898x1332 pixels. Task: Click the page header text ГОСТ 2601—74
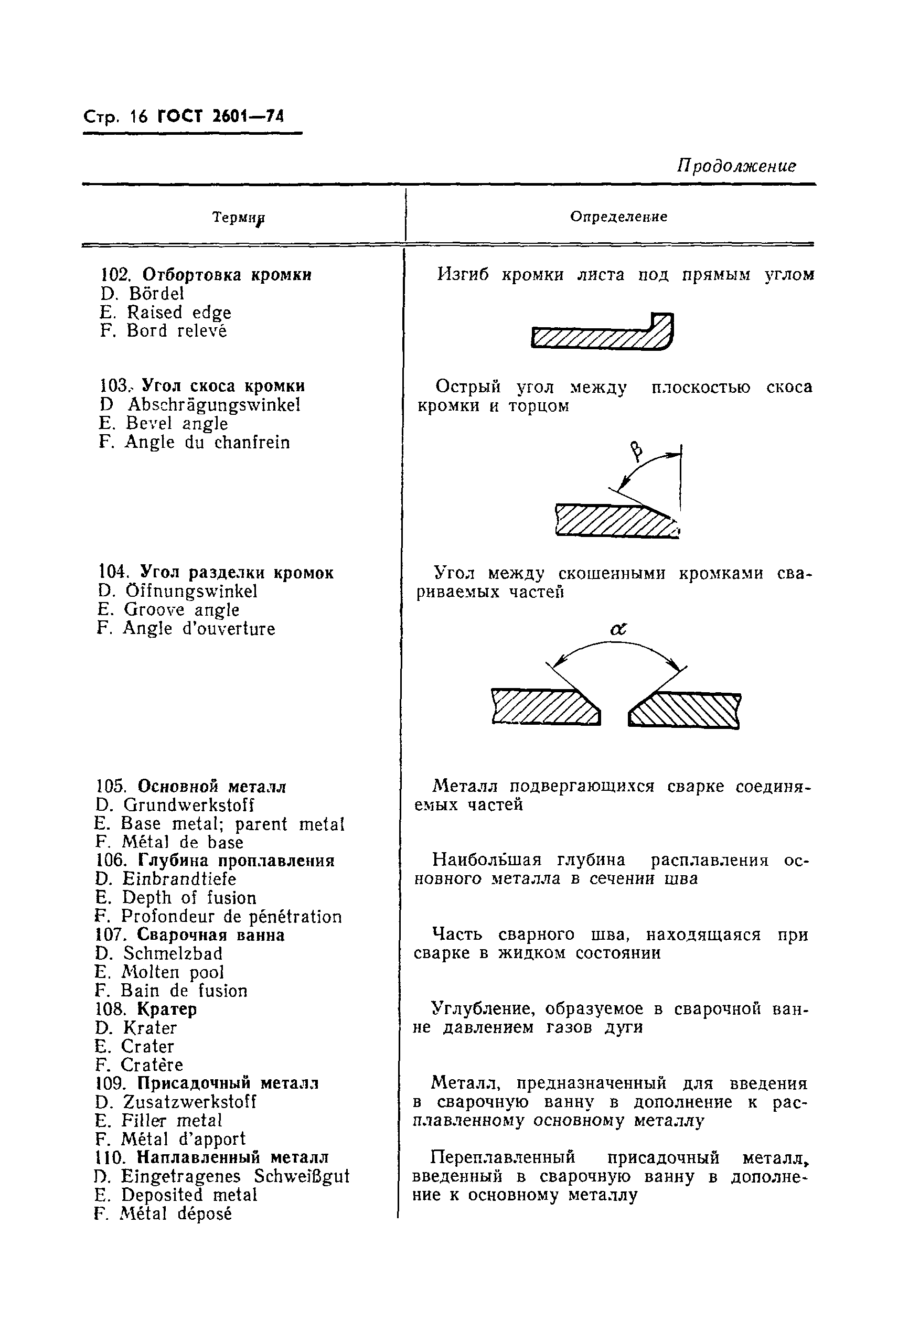click(x=220, y=117)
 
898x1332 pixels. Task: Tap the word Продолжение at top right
click(x=736, y=166)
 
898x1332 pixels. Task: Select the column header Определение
click(x=618, y=217)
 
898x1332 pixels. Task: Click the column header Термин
click(x=238, y=218)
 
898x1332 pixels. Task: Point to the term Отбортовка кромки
click(x=226, y=275)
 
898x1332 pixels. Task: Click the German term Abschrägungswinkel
click(x=213, y=405)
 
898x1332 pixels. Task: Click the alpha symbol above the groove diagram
click(x=618, y=630)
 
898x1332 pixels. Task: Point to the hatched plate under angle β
click(x=614, y=520)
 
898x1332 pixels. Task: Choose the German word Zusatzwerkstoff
click(x=189, y=1102)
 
